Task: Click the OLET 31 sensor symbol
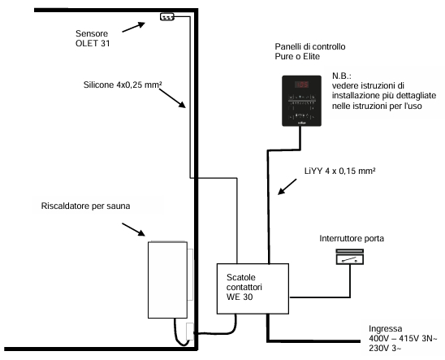tap(167, 17)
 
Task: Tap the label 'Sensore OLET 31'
tap(93, 38)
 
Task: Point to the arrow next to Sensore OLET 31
tap(134, 28)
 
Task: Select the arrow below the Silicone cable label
tap(172, 98)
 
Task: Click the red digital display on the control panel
tap(301, 85)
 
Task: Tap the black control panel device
tap(302, 101)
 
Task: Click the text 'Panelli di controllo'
tap(310, 46)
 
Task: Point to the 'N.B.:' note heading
tap(342, 76)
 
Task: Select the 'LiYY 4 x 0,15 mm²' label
tap(340, 171)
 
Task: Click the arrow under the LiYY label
tap(287, 187)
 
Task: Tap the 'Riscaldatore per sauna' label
tap(86, 206)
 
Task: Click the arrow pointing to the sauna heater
tap(134, 229)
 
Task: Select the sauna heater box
tap(168, 280)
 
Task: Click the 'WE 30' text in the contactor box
tap(240, 297)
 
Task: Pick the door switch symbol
tap(350, 257)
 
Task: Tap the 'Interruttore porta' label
tap(352, 238)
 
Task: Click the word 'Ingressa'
tap(386, 328)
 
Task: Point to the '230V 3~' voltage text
tap(385, 348)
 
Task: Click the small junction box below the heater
tap(190, 332)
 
